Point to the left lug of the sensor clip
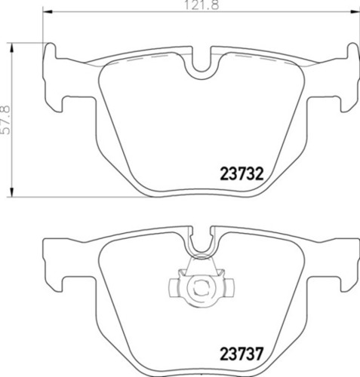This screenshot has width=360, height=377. point(173,287)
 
